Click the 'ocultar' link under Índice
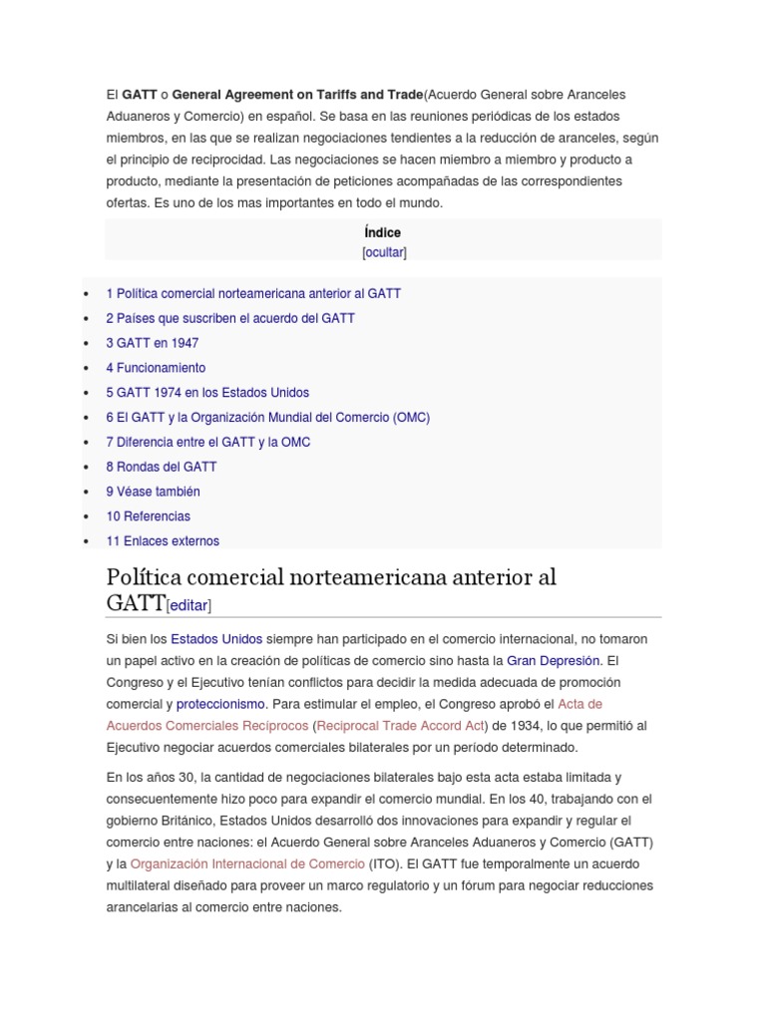384,252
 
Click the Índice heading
383,232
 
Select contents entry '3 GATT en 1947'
153,343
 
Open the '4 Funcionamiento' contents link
156,368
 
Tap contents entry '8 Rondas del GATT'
162,467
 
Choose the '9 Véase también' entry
153,492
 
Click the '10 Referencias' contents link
149,516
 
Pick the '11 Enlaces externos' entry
163,541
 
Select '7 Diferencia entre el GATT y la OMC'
208,442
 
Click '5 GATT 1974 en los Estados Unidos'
207,393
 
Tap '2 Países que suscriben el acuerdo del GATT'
230,318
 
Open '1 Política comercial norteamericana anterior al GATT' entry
253,294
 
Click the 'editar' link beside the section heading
190,605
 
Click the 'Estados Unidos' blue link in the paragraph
216,638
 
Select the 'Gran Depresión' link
554,660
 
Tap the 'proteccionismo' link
221,704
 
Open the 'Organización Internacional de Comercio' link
248,863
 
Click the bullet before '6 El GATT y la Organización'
88,419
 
